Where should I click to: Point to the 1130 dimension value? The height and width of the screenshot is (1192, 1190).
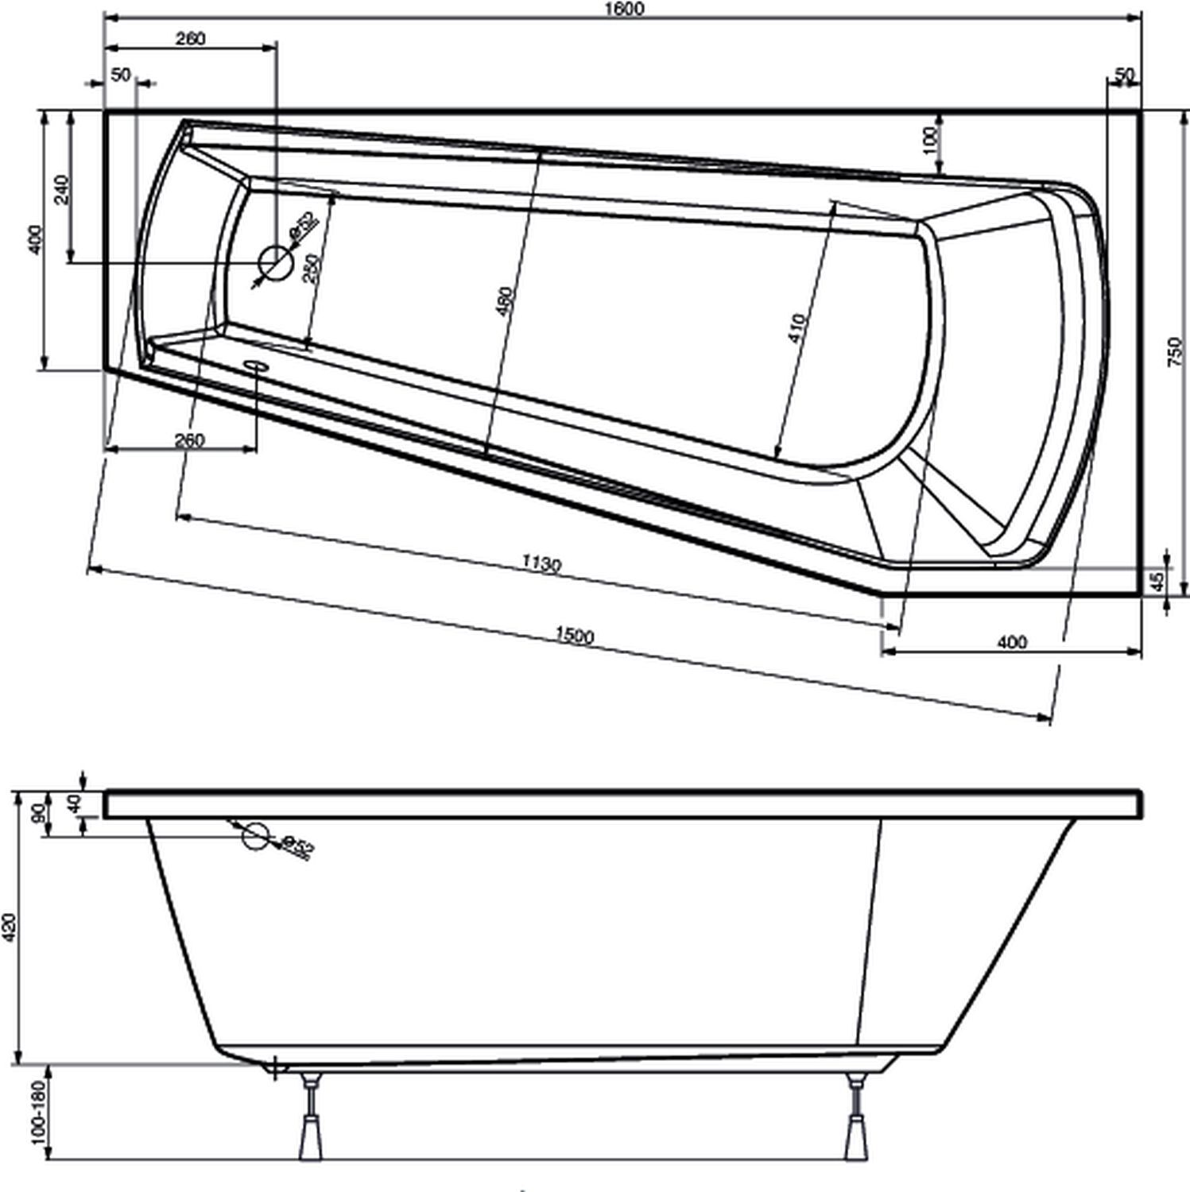[541, 564]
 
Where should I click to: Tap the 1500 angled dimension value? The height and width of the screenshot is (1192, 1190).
[574, 635]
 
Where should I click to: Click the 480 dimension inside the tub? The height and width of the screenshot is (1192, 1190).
[506, 302]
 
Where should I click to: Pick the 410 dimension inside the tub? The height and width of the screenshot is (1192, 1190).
[797, 329]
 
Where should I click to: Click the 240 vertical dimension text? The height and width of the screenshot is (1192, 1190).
[62, 189]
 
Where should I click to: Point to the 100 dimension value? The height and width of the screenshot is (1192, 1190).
[929, 140]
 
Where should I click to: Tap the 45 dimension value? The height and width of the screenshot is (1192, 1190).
[1158, 582]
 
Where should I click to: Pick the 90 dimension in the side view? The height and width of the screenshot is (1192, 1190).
[37, 814]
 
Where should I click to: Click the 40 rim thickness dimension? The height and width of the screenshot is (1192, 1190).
[75, 803]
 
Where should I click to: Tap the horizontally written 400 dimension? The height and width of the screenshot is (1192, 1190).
[1011, 642]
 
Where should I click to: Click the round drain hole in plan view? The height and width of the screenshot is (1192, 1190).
[276, 261]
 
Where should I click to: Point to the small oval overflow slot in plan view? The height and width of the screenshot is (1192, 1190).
[257, 365]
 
